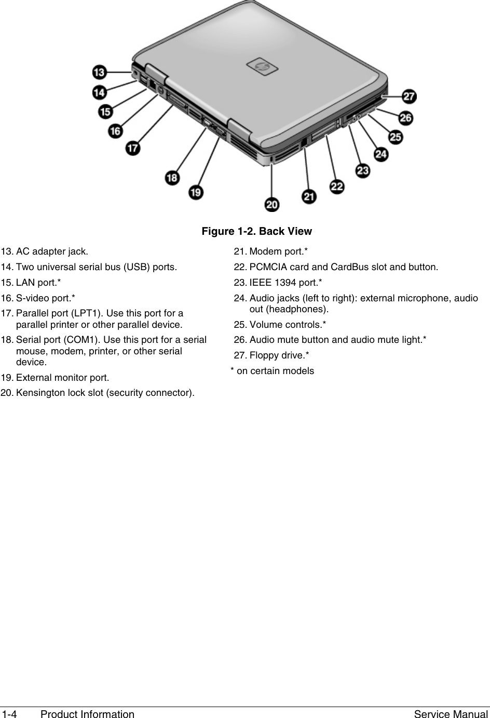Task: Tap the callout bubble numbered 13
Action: pyautogui.click(x=101, y=72)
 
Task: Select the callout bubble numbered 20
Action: pyautogui.click(x=272, y=205)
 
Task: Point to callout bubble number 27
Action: pyautogui.click(x=410, y=96)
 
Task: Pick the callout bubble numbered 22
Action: pyautogui.click(x=337, y=186)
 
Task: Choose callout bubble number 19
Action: pyautogui.click(x=196, y=192)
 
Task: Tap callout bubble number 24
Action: pyautogui.click(x=380, y=154)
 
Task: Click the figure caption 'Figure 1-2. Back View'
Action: pyautogui.click(x=257, y=231)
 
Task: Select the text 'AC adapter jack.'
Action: pyautogui.click(x=52, y=252)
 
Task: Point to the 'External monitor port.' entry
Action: pyautogui.click(x=62, y=377)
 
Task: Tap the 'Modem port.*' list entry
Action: pyautogui.click(x=278, y=252)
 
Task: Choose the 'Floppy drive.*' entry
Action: pyautogui.click(x=279, y=355)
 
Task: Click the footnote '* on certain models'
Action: pyautogui.click(x=272, y=371)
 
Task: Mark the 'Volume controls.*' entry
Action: pyautogui.click(x=288, y=325)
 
